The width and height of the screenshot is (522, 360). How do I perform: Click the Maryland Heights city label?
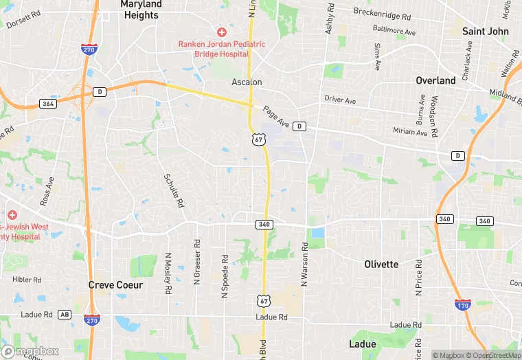[x=141, y=10]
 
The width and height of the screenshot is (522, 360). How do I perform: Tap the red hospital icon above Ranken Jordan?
[x=221, y=32]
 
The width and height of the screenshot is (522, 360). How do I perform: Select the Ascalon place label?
[x=247, y=82]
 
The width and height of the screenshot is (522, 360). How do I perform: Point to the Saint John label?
[x=485, y=32]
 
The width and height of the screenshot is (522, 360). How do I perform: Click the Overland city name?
[x=435, y=80]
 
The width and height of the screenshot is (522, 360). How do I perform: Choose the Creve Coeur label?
[x=116, y=284]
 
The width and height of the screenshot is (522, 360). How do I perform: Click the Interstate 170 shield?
[x=464, y=304]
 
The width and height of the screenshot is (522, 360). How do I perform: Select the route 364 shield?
[x=47, y=104]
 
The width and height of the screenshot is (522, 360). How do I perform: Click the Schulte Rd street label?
[x=174, y=190]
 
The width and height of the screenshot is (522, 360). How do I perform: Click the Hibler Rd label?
[x=27, y=280]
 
